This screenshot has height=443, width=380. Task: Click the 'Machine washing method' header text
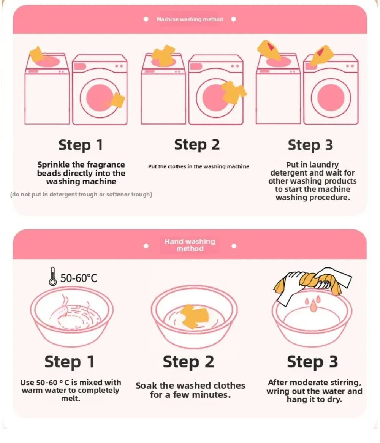(x=190, y=19)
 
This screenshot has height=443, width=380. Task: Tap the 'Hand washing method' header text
(x=190, y=245)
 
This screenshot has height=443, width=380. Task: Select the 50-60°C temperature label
(x=79, y=278)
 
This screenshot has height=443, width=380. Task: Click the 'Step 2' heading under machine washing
(x=197, y=145)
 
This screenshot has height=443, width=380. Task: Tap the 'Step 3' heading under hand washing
(x=312, y=362)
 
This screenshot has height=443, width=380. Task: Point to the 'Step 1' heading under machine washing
(x=81, y=145)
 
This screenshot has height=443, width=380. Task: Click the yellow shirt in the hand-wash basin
(x=195, y=316)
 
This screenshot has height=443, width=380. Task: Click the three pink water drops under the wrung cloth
(x=313, y=304)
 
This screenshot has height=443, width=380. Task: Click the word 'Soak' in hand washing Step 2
(x=146, y=386)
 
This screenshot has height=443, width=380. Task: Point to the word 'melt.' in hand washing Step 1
(x=71, y=399)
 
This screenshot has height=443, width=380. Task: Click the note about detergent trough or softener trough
(x=81, y=195)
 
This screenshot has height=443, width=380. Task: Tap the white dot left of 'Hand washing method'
(x=146, y=246)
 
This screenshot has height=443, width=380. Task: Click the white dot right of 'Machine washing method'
(x=234, y=19)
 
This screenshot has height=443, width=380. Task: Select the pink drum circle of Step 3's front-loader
(x=331, y=98)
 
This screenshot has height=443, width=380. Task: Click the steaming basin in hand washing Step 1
(x=72, y=316)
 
